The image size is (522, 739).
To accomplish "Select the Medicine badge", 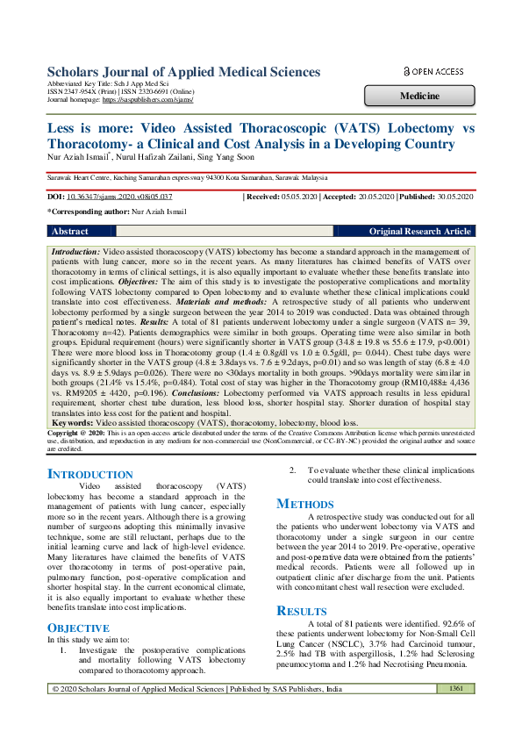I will point(419,95).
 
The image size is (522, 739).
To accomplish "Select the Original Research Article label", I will point(419,232).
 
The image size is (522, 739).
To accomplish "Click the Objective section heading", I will point(77,628).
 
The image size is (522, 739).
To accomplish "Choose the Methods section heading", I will point(305,504).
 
